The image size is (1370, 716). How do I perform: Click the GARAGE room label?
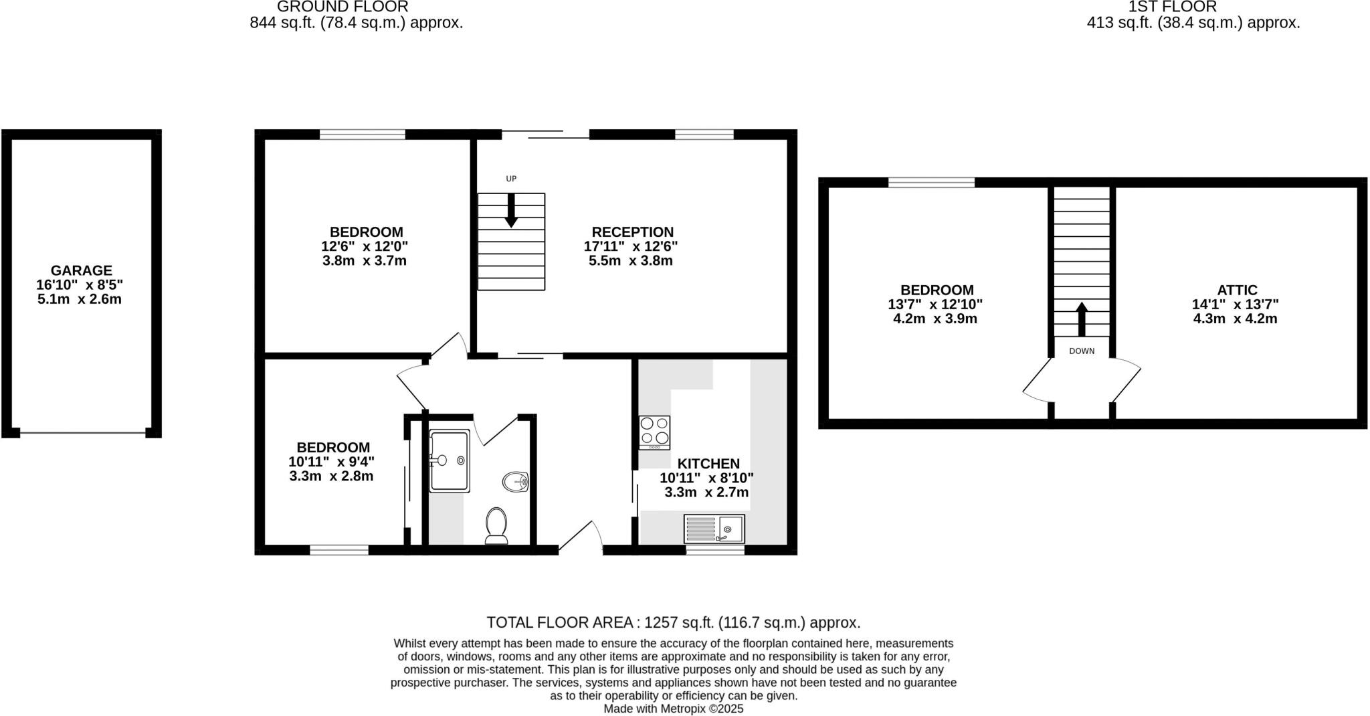(82, 270)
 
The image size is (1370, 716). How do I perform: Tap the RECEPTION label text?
(631, 232)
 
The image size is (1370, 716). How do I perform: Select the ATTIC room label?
(1237, 290)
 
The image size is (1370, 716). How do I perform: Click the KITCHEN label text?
(708, 464)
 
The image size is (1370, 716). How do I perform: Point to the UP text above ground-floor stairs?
(511, 179)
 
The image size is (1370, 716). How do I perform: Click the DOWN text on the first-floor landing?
(1082, 351)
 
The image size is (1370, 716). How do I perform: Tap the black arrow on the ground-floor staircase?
(511, 211)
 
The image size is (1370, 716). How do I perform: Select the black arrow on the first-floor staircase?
(1082, 319)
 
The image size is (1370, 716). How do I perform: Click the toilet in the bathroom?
(496, 525)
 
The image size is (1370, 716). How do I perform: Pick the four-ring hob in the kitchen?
(654, 432)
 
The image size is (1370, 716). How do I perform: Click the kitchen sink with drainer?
(714, 529)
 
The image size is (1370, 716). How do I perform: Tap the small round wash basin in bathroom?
(516, 480)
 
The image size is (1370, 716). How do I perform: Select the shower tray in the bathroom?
(449, 461)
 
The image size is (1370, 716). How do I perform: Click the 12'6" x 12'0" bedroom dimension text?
(365, 246)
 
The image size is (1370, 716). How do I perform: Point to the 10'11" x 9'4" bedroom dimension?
(332, 462)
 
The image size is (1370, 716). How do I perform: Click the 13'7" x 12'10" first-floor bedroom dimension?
(935, 304)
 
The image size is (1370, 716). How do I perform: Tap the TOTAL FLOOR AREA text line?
(673, 622)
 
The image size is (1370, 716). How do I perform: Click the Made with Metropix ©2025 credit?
(673, 709)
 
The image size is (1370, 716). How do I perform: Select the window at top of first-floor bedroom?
(931, 182)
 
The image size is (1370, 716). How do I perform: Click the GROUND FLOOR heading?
(342, 7)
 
